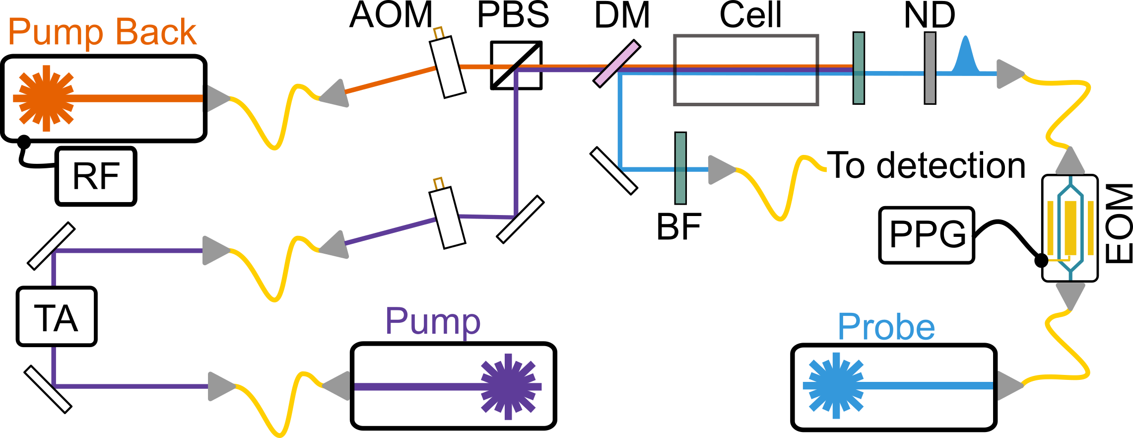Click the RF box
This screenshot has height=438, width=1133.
click(96, 176)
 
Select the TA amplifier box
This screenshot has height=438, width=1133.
click(56, 316)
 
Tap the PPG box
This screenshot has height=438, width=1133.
click(927, 235)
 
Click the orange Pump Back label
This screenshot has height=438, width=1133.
click(102, 33)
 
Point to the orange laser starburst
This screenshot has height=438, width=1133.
click(46, 98)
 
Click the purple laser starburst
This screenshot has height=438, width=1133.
click(509, 386)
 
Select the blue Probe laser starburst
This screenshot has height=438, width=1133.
click(835, 386)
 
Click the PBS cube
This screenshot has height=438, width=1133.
click(516, 65)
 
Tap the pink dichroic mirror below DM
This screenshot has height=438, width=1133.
click(617, 64)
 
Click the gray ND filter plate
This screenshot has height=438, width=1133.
click(930, 68)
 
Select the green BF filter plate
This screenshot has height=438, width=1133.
click(680, 168)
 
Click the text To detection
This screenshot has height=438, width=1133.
click(926, 165)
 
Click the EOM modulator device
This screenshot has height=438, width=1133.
click(1069, 228)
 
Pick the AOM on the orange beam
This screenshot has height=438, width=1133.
click(448, 67)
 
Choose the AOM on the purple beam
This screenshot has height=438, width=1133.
click(447, 217)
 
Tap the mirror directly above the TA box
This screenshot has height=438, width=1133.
click(51, 246)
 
